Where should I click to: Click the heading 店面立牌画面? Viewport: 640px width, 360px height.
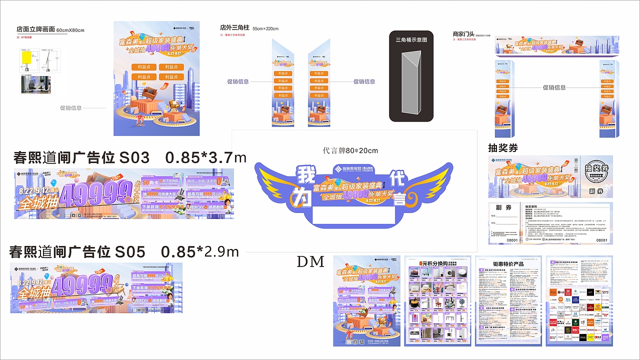coord(35,29)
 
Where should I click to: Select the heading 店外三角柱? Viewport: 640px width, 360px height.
coord(234,28)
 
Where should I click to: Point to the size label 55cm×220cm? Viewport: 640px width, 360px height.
coord(265,28)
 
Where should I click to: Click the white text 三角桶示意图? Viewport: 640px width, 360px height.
coord(411,39)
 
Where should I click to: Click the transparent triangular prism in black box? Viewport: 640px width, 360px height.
coord(411,85)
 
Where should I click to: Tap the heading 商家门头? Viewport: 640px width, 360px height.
coord(463,34)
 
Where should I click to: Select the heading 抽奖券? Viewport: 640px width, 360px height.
coord(503,148)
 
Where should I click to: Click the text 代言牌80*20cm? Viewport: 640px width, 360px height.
coord(350,150)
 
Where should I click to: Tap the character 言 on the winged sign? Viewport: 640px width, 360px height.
coord(399,199)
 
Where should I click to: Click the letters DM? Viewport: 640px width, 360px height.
coord(310,261)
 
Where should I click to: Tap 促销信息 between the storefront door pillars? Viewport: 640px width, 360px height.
coord(554,87)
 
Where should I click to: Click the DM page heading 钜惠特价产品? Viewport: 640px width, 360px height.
coord(508,263)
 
